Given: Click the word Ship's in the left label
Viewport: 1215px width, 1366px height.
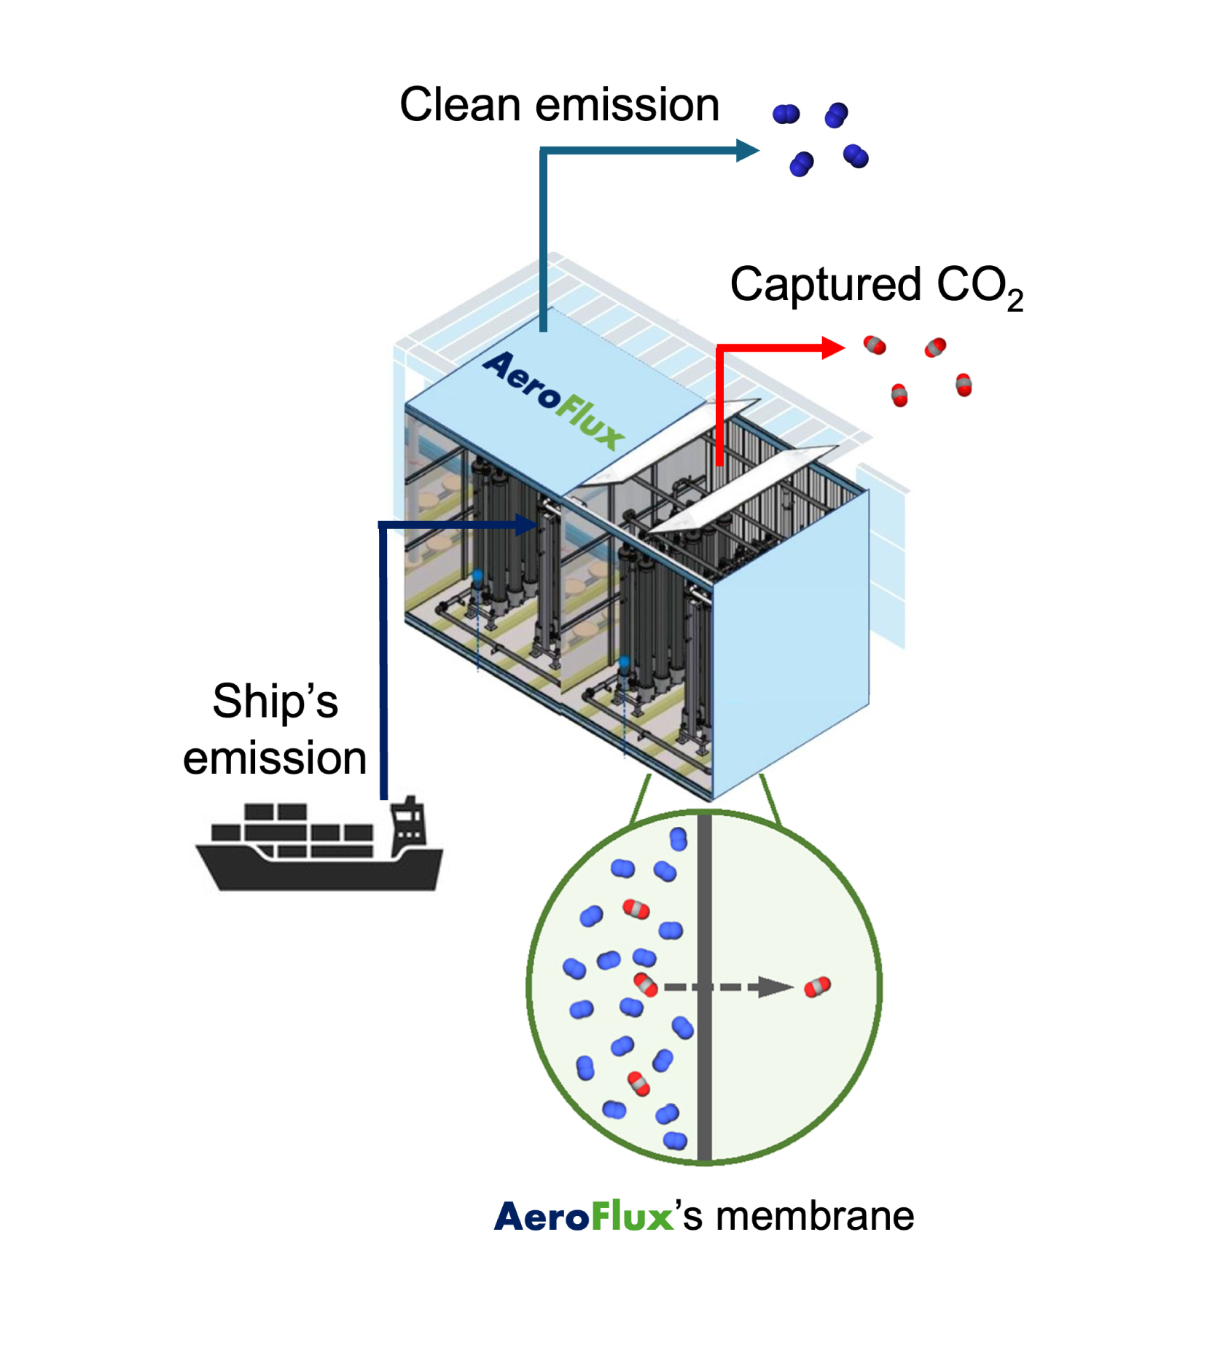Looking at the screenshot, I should tap(275, 702).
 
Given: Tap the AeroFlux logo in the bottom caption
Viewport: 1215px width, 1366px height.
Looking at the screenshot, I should tap(583, 1217).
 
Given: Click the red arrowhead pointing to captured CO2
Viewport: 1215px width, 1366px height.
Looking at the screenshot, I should tap(832, 348).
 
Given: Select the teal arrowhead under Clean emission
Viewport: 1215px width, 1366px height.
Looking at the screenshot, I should tap(747, 151).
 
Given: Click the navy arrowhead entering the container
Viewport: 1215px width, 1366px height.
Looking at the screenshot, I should tap(526, 525).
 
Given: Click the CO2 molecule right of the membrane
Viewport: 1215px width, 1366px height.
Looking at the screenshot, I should tap(817, 987).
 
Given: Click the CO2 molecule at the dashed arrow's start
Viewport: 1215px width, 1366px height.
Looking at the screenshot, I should tap(645, 984).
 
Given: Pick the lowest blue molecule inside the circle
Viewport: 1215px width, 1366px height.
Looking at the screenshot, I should tap(675, 1140).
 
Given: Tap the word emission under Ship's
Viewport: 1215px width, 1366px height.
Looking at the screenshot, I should tap(275, 758).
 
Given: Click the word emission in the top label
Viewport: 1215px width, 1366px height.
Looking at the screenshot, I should tap(628, 105).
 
